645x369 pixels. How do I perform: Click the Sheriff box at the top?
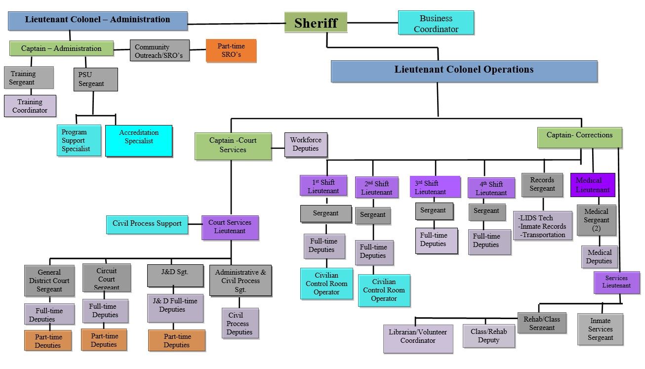coord(316,23)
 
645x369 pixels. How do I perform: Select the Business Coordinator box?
coord(436,23)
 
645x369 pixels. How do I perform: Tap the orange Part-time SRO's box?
coord(231,50)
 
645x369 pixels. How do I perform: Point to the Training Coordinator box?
coord(30,106)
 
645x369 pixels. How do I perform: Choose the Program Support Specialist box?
coord(79,140)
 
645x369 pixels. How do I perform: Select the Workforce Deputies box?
coord(306,144)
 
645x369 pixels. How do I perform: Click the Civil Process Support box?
coord(147,224)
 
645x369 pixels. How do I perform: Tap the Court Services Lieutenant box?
coord(230,227)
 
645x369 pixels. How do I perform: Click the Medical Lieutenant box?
coord(592,185)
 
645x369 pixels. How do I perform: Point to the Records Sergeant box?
coord(542,185)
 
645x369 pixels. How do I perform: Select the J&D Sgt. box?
coord(175,276)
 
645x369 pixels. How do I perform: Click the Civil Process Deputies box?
coord(240,324)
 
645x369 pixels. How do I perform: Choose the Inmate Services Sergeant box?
coord(600,329)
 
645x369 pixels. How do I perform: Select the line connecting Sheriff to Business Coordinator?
coord(372,23)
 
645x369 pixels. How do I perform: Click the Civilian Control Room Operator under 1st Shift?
coord(326,284)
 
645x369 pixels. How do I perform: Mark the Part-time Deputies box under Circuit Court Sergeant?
coord(104,340)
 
